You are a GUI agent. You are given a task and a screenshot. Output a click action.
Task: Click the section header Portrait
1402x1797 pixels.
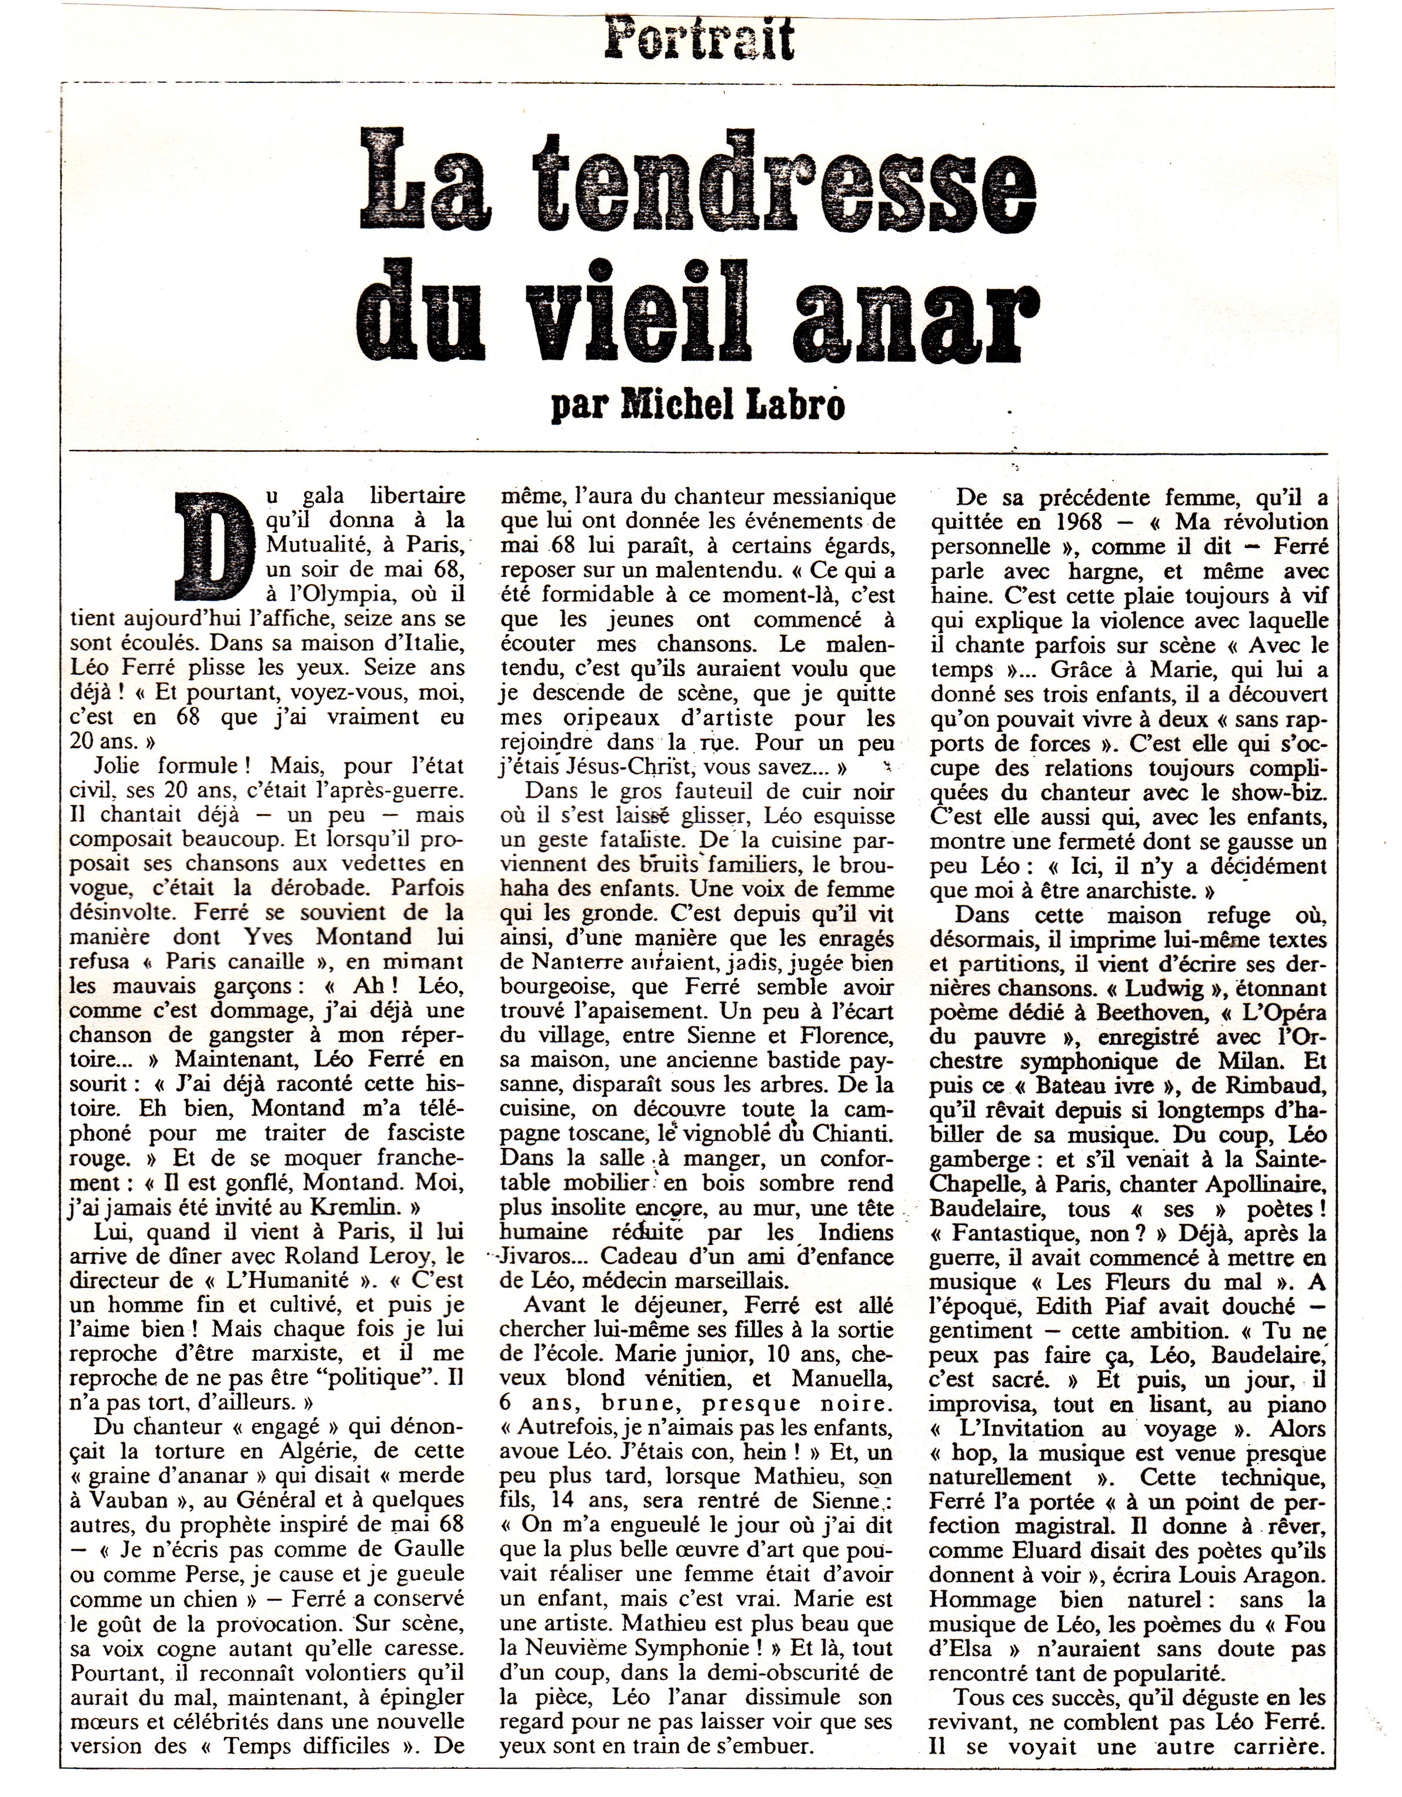700,39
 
